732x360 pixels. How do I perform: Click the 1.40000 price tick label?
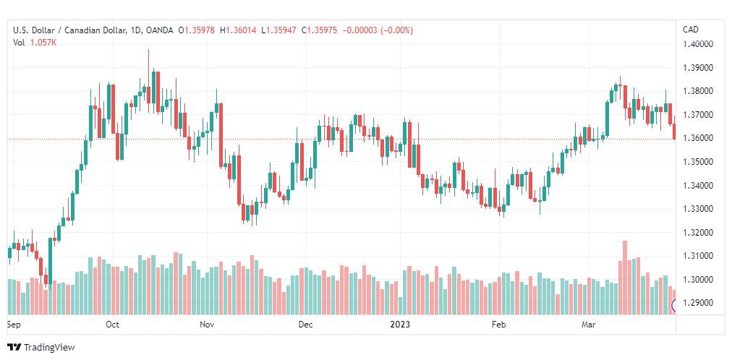pos(699,44)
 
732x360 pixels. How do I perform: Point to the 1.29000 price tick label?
pos(699,303)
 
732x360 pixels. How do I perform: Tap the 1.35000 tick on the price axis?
pos(699,162)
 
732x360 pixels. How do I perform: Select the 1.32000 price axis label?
pos(699,233)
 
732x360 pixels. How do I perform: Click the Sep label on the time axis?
pos(14,325)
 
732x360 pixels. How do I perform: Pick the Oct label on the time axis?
pos(113,325)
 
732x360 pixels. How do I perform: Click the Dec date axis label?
pos(306,325)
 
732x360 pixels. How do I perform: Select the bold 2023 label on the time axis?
pos(401,325)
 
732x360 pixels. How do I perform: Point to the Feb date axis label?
pos(499,325)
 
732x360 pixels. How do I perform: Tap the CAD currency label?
pos(691,30)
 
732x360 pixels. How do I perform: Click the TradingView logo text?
pos(49,348)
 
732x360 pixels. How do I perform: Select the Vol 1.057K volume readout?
pos(35,43)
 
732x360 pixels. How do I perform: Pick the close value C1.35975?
pos(319,30)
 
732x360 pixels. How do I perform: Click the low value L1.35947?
pos(278,30)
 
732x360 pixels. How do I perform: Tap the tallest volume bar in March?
pos(625,278)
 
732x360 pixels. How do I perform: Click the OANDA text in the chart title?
pos(160,30)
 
